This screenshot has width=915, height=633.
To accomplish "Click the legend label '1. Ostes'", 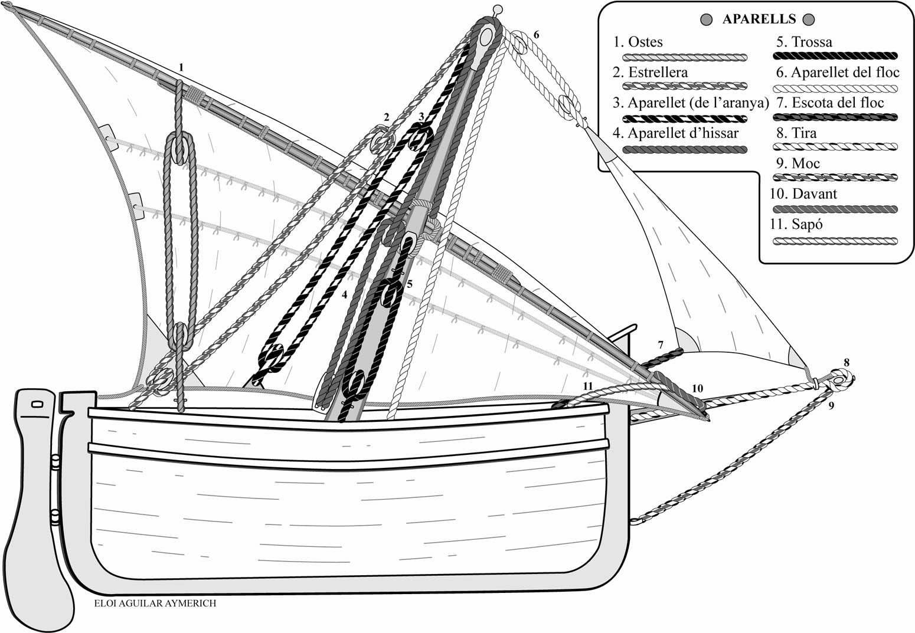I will pos(638,42).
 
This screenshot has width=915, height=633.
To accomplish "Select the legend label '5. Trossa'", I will pos(804,42).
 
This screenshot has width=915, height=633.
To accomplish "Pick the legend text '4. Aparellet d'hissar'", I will pos(675,133).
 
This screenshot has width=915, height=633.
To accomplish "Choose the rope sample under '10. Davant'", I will pos(835,209).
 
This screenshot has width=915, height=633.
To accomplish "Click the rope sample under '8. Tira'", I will pos(835,146).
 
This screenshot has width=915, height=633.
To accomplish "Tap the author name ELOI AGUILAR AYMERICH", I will pos(155,604).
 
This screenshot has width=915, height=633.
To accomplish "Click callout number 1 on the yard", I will pos(181,68).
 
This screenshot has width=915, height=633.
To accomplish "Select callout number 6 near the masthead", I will pos(536,35).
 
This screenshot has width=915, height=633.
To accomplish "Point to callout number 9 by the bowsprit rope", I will pos(831,406).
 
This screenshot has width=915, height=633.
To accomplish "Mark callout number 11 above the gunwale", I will pos(587,385).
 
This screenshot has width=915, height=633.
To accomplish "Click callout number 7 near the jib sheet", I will pos(661,343).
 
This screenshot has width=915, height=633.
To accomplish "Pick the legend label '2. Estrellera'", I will pos(650,73).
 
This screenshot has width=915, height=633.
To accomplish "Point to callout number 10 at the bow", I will pos(698,388).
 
